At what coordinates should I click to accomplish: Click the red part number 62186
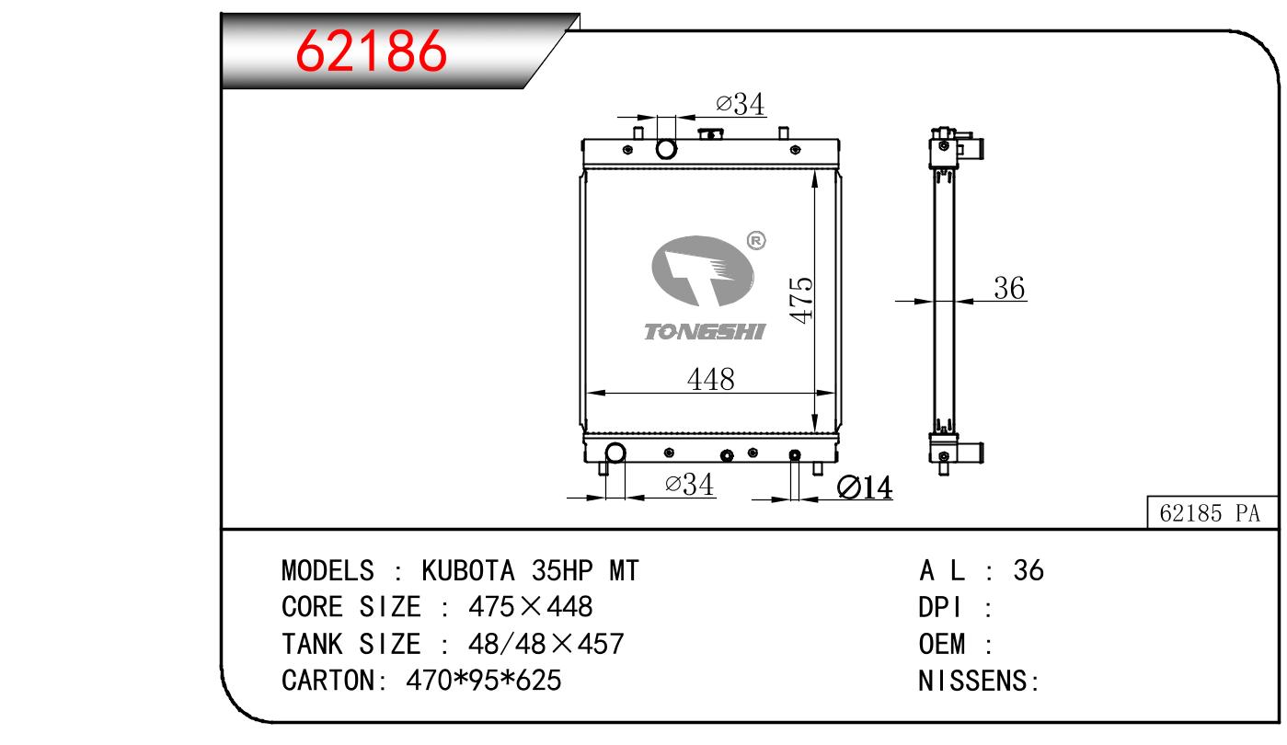371,52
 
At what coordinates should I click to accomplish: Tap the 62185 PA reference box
1212,511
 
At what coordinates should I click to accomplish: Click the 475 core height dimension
801,301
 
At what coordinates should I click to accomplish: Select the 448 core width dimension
711,379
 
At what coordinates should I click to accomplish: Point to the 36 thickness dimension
1009,288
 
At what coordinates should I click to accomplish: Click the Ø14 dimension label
865,487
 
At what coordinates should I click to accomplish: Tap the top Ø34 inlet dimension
740,104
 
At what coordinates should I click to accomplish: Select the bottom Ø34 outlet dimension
689,484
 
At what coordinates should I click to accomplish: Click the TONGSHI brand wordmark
705,331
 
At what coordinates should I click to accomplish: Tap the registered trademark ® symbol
756,240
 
